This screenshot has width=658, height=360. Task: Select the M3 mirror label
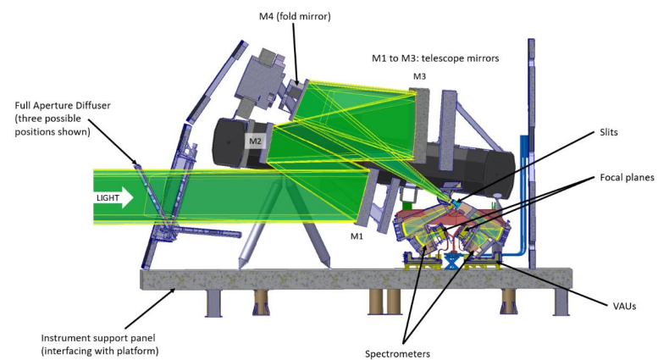[x=420, y=77]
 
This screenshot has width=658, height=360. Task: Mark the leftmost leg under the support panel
[x=211, y=306]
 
